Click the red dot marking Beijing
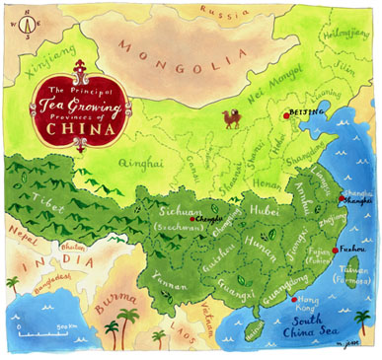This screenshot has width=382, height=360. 286,115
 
